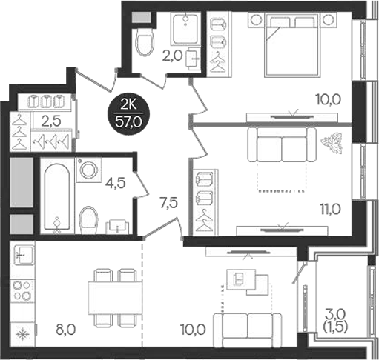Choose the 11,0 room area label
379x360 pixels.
tap(332, 209)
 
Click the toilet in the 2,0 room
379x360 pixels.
tap(144, 42)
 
